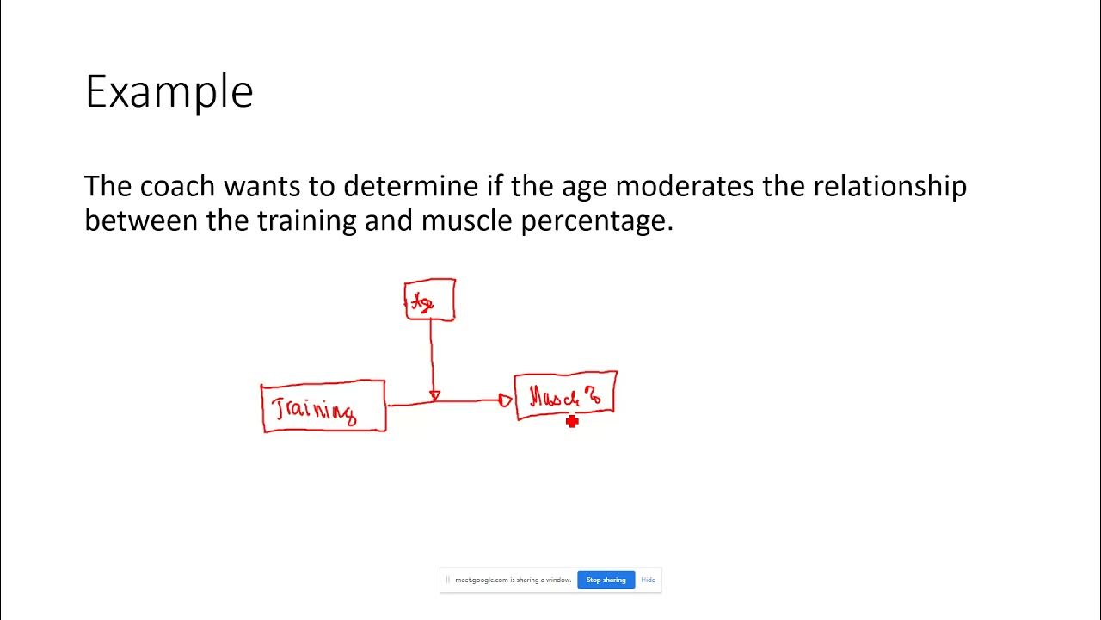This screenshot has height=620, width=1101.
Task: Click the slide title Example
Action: coord(169,91)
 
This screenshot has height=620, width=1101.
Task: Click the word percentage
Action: coord(597,221)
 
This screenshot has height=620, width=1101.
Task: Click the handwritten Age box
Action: coord(430,300)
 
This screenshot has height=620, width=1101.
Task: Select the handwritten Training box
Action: coord(323,406)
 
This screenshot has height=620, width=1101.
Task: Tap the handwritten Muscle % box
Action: coord(565,396)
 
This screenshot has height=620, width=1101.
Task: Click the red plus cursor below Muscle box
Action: coord(572,421)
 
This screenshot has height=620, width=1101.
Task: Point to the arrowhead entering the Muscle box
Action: coord(505,400)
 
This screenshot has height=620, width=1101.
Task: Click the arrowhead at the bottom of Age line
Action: coord(434,395)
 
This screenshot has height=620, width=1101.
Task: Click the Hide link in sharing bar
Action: coord(648,580)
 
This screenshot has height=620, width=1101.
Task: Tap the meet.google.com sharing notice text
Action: coord(513,580)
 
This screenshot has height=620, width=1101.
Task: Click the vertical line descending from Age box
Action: coord(431,353)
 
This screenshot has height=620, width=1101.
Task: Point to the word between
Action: coord(141,221)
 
